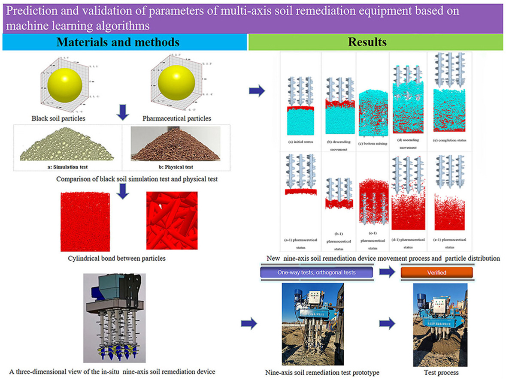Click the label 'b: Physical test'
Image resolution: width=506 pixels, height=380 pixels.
tap(177, 166)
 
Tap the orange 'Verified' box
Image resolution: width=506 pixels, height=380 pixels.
tap(436, 272)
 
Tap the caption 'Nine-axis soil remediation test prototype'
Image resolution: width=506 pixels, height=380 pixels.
tap(322, 373)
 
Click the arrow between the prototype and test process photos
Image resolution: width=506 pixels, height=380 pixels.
tap(390, 323)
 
